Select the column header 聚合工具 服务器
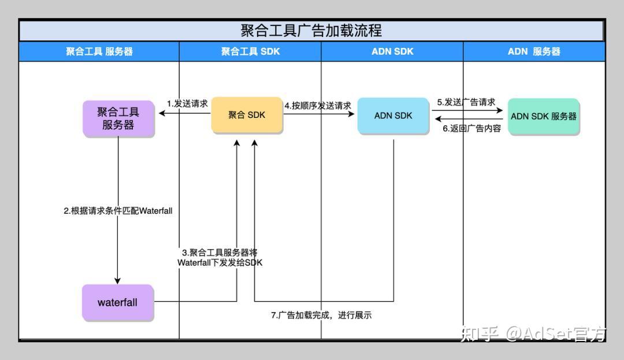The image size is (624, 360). (x=99, y=51)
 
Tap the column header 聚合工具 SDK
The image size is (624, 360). (x=250, y=51)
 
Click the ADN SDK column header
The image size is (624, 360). (x=392, y=51)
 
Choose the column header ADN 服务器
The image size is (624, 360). (x=534, y=51)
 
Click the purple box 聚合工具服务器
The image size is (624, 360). (x=118, y=118)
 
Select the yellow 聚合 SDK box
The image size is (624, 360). (x=247, y=115)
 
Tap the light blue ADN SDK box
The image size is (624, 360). (x=393, y=116)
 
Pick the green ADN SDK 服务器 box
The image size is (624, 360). (x=544, y=116)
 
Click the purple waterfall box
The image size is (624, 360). (x=118, y=302)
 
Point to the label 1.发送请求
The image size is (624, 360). (x=187, y=104)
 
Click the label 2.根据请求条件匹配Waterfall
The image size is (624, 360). (x=118, y=211)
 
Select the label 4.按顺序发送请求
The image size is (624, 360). (x=318, y=106)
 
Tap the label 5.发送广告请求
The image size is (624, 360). (x=466, y=102)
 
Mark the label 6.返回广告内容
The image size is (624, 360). (x=471, y=129)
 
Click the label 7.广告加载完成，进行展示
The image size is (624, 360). (x=321, y=316)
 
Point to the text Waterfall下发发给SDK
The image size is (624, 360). (x=220, y=263)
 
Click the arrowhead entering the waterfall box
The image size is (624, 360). (x=118, y=281)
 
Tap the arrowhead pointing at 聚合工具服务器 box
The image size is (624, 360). (x=162, y=114)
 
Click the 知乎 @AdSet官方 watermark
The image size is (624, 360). (x=533, y=333)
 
